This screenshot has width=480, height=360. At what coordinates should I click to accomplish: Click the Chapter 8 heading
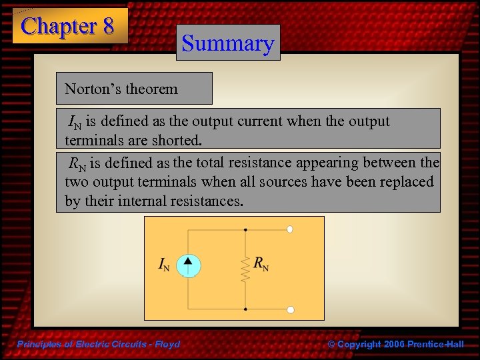click(x=68, y=26)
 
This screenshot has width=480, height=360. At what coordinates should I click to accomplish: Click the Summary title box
click(x=228, y=43)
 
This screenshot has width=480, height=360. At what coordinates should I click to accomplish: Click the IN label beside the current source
click(x=163, y=266)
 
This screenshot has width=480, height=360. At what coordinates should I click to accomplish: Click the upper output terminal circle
click(x=290, y=230)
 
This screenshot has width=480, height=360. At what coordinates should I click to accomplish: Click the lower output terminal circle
click(x=290, y=309)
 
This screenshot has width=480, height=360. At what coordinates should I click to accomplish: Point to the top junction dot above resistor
click(x=246, y=230)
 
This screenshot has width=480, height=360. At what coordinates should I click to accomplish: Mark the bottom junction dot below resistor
click(x=246, y=309)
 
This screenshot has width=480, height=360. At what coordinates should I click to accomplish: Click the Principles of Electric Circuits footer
click(x=98, y=344)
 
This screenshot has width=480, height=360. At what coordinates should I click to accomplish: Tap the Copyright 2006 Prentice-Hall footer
click(x=396, y=344)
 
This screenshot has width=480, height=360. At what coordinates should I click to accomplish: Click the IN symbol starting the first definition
click(x=75, y=123)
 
